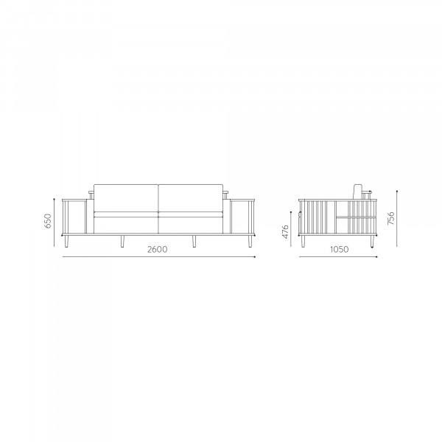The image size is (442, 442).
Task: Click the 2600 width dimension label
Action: (x=158, y=250)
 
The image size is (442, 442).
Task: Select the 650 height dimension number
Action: (x=48, y=221)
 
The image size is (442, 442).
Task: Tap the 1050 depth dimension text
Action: (x=340, y=250)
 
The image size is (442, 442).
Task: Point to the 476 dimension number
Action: (x=286, y=232)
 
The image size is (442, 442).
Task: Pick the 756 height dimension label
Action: (x=391, y=218)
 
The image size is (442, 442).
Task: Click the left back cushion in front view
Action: (x=126, y=198)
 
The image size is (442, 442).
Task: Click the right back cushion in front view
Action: (x=191, y=198)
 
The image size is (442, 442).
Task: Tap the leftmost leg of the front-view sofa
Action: (x=66, y=242)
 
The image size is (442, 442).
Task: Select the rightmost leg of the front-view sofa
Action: (x=250, y=242)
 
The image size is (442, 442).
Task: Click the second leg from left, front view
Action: (x=122, y=242)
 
